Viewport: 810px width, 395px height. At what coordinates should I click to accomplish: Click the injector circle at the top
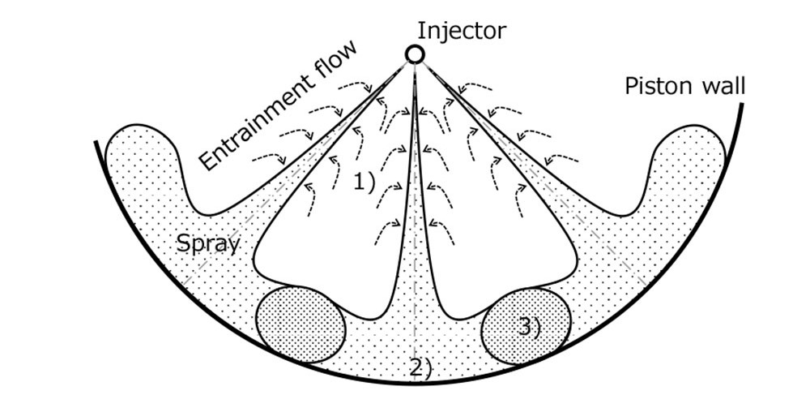pyautogui.click(x=415, y=54)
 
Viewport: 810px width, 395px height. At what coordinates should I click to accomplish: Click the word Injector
pyautogui.click(x=462, y=31)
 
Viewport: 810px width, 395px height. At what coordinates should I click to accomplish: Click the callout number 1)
pyautogui.click(x=364, y=182)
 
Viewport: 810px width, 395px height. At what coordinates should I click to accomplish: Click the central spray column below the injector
pyautogui.click(x=415, y=203)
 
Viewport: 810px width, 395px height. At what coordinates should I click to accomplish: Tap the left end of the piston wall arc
pyautogui.click(x=96, y=144)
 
